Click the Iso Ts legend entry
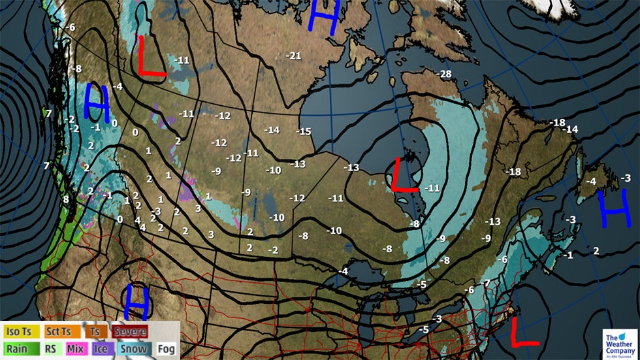pyautogui.click(x=20, y=332)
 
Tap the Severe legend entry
pyautogui.click(x=129, y=332)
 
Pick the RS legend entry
pyautogui.click(x=50, y=348)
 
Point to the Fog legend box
pyautogui.click(x=167, y=348)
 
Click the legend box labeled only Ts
pyautogui.click(x=94, y=332)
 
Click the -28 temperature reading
pyautogui.click(x=445, y=74)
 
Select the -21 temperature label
pyautogui.click(x=294, y=55)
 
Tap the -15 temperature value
pyautogui.click(x=304, y=131)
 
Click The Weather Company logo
pyautogui.click(x=617, y=342)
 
